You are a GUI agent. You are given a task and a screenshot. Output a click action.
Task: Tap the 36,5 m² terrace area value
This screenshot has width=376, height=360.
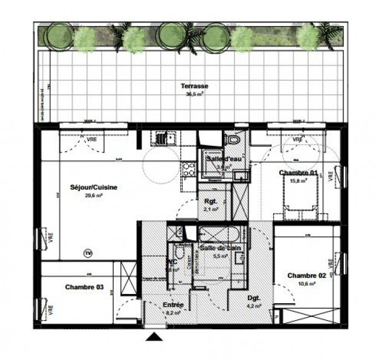point(193,94)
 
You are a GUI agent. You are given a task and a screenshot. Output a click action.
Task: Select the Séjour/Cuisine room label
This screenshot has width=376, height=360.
point(94,188)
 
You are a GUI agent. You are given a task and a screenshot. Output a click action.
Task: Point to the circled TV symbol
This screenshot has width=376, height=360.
point(88,252)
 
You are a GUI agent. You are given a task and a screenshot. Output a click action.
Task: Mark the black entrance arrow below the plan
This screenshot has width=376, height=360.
point(155,337)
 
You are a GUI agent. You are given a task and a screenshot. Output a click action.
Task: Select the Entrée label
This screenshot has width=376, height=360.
point(173,304)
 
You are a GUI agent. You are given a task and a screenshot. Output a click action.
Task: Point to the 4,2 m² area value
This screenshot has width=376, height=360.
point(254,306)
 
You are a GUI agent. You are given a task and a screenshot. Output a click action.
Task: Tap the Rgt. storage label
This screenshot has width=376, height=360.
point(210,201)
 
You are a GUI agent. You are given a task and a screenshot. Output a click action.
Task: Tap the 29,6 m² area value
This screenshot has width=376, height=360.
point(94,195)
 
